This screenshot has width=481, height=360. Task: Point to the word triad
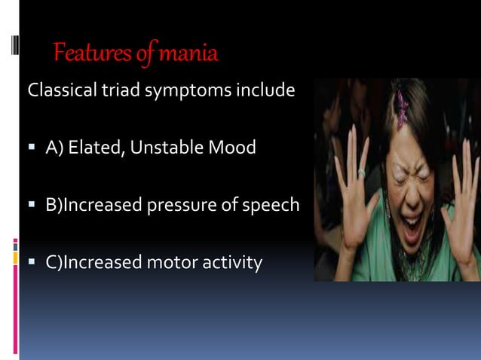pos(114,93)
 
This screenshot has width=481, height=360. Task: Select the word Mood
pos(234,148)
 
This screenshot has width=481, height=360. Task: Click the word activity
pos(228,264)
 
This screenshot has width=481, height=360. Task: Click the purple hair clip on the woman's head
pos(401,106)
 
